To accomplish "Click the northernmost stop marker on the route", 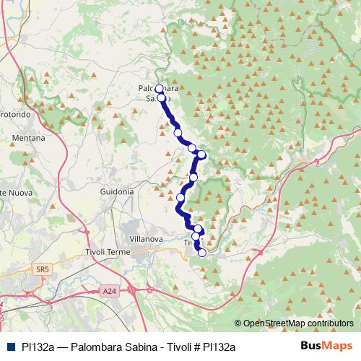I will [x=159, y=89].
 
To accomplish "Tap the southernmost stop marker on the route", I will [x=202, y=253].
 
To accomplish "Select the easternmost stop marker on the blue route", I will [x=202, y=154].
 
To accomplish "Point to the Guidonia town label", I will [x=117, y=192].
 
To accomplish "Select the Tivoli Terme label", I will [x=106, y=251].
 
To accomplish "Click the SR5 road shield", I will [x=42, y=269].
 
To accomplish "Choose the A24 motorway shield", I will [x=109, y=291].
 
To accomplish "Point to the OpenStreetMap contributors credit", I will [x=297, y=323].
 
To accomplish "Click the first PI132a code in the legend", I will [x=37, y=347].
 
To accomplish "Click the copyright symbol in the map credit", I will [x=238, y=323].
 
